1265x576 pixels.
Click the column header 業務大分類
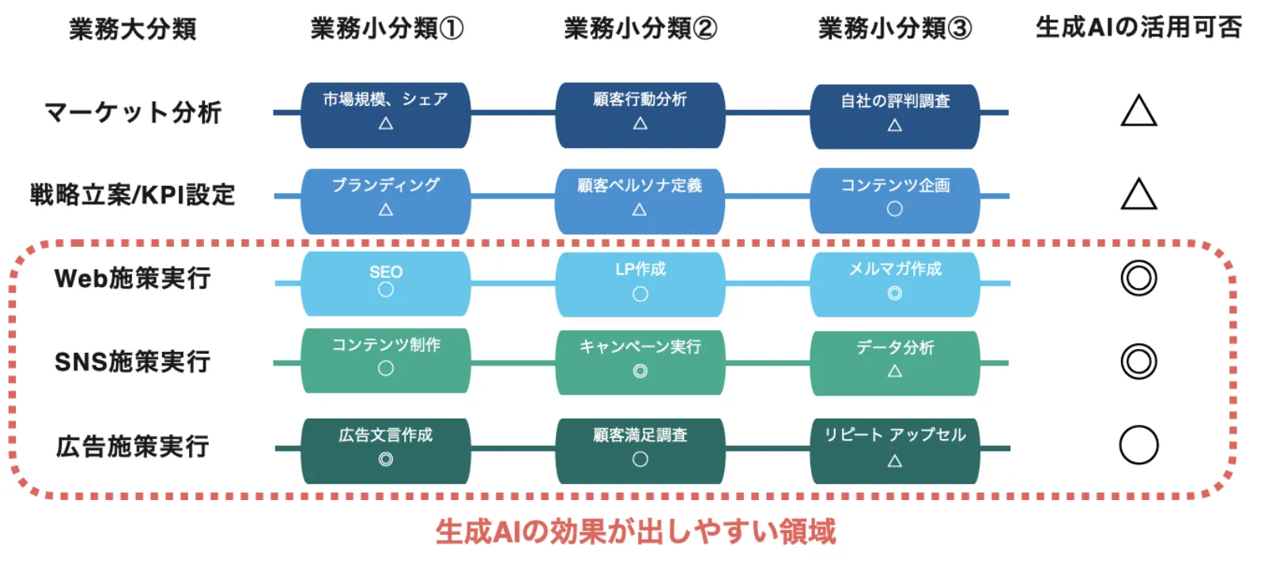(x=132, y=29)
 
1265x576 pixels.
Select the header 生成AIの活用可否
(x=1138, y=28)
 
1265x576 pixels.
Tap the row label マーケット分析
(x=132, y=112)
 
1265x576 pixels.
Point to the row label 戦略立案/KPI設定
(x=132, y=195)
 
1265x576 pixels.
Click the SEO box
(x=386, y=282)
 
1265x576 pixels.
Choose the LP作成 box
(x=640, y=282)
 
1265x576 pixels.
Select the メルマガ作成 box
(x=895, y=282)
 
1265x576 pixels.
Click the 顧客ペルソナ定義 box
(x=640, y=198)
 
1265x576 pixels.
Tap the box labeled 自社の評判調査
(x=895, y=114)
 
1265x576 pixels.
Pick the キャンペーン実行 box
(x=640, y=361)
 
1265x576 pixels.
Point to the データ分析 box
(x=895, y=361)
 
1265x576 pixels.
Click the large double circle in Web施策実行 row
(x=1138, y=279)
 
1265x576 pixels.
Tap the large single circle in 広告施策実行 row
(x=1138, y=445)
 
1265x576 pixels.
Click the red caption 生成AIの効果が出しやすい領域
(x=635, y=532)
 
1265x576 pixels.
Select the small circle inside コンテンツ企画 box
(x=894, y=209)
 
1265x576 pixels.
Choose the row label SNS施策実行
(x=132, y=362)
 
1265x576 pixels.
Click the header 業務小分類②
(x=640, y=29)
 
